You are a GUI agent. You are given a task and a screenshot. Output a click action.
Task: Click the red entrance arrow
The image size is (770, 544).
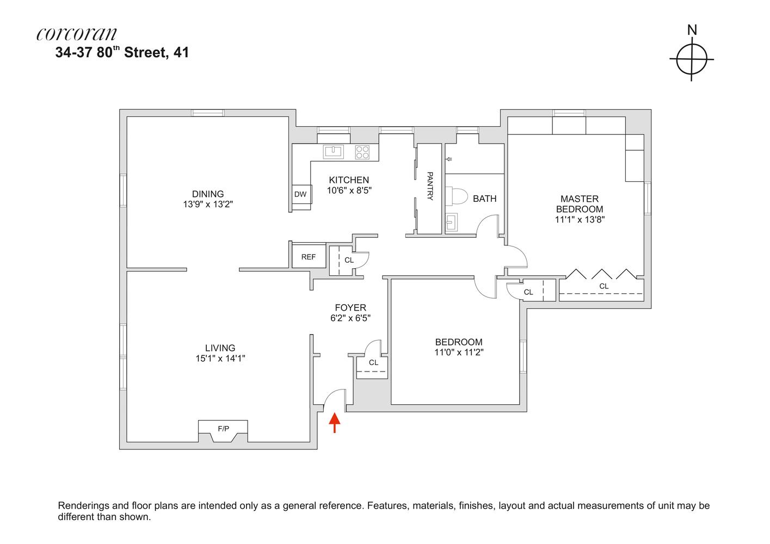coord(335,423)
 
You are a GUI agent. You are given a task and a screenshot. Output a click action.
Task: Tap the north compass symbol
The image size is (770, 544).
coord(692,59)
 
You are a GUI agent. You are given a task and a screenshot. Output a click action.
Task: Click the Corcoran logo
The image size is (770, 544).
coord(77,34)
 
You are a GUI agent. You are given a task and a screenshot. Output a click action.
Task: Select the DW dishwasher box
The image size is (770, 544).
coord(300,194)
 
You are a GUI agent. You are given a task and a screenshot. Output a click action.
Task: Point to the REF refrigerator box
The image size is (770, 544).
coord(309,257)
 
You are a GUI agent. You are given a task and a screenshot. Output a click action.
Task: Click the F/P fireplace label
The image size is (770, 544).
coord(223,429)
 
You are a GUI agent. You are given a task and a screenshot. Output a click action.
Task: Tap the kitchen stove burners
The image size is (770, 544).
coord(362,152)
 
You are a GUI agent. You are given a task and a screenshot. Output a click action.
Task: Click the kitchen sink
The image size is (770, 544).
coord(334,151)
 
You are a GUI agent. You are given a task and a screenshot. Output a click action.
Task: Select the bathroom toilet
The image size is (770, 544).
coord(454,196)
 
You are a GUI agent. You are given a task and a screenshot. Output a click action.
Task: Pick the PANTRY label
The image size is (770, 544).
coord(429,186)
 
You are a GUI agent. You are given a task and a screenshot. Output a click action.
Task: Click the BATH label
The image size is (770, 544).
coord(484,199)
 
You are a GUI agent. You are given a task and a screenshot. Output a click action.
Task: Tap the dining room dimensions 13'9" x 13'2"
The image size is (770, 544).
coord(208,205)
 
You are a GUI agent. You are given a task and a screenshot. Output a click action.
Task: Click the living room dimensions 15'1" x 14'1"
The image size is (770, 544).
coord(220,358)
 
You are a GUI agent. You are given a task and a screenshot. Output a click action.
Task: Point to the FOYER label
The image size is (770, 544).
coord(350,307)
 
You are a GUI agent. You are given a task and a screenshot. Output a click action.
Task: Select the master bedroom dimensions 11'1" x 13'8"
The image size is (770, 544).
coord(580,220)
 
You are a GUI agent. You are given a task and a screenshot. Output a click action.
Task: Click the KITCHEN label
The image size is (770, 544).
coord(349,180)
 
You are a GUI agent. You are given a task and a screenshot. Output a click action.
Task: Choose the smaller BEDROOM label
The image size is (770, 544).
coord(458,342)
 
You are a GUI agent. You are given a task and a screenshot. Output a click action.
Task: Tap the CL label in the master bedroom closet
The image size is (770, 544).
coord(603,286)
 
